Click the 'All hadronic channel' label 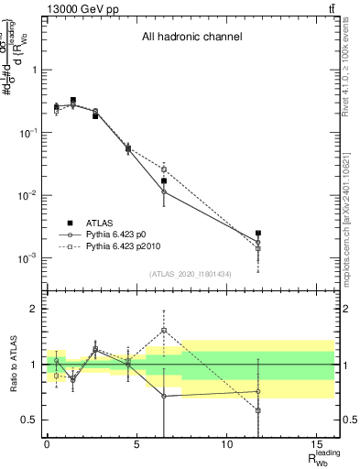tap(191, 38)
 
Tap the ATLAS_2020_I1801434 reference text tap(190, 275)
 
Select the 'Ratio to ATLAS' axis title tap(12, 365)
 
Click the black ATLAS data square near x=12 tap(258, 234)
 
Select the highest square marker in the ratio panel tap(164, 330)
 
